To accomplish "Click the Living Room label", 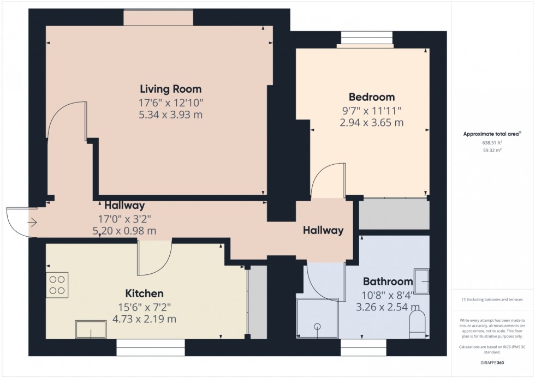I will coord(170,89).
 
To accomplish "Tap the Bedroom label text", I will coord(371,98).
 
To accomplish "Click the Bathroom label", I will coord(388,281).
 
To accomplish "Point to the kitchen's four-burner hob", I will coord(57,285).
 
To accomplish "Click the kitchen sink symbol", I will coord(91,329).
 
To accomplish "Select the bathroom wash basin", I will coord(422,280).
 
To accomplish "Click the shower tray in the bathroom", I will coord(317,318).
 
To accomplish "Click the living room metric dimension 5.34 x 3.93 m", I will coord(170,115).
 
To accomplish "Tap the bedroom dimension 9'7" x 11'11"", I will coord(371,110).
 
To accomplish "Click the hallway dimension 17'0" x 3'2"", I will coord(124,219).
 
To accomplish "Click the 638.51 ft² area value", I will coord(492,143).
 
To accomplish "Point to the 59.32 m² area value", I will coord(492,150).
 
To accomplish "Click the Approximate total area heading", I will coord(492,134).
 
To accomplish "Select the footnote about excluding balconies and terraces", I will coord(492,299).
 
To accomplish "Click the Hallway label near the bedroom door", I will coord(323,230).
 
